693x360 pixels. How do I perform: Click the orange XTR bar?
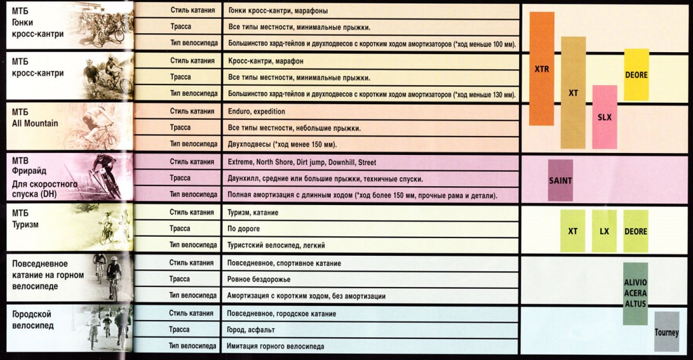[x=542, y=68]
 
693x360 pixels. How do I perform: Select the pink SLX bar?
[x=604, y=116]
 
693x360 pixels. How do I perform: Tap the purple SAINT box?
[x=560, y=180]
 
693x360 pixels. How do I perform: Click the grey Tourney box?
[x=667, y=332]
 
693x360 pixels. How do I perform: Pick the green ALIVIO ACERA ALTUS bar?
[x=635, y=293]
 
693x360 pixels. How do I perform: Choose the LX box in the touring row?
[x=604, y=231]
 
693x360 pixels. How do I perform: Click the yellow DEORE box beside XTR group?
[x=636, y=74]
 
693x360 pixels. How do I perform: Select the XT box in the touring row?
[x=573, y=231]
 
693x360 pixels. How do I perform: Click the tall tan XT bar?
[x=573, y=93]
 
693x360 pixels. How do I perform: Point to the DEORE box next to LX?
[x=636, y=231]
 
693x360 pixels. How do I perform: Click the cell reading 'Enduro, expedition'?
[x=256, y=111]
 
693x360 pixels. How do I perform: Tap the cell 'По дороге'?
[x=244, y=229]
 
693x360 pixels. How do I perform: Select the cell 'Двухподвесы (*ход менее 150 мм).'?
[x=283, y=144]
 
